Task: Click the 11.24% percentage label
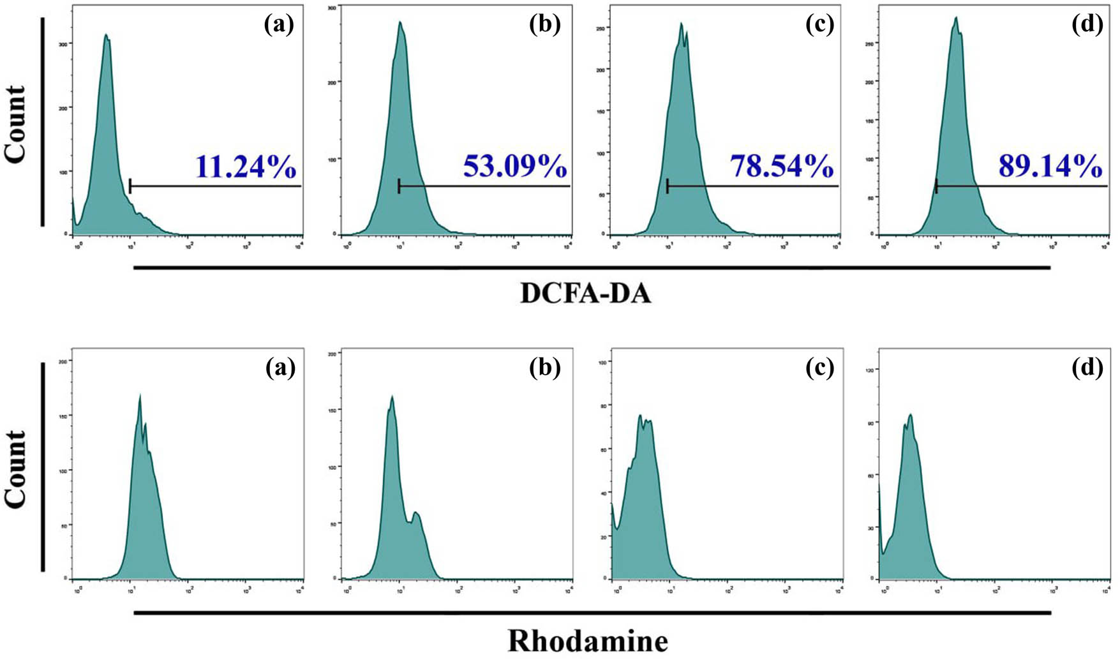click(246, 167)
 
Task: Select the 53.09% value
click(514, 167)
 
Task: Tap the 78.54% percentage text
click(782, 167)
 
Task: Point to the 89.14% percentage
click(1050, 167)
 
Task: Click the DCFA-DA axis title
click(586, 294)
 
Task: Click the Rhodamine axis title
click(588, 640)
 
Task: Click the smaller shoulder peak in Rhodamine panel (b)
click(416, 513)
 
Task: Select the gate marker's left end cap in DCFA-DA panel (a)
click(130, 186)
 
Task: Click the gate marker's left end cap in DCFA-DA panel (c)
click(668, 186)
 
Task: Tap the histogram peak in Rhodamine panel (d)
click(911, 415)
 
